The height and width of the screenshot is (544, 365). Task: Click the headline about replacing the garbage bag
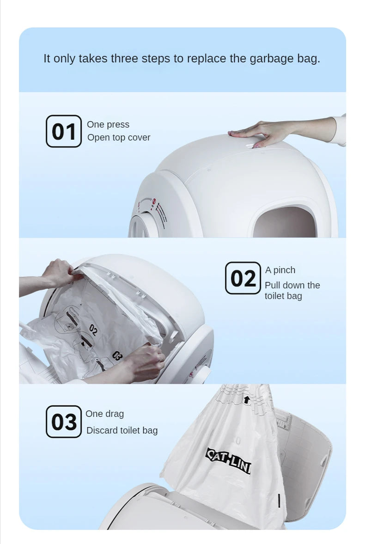point(182,59)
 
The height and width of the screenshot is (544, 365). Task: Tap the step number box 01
point(64,131)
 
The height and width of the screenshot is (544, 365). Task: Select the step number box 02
point(243,278)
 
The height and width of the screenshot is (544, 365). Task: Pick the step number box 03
point(64,422)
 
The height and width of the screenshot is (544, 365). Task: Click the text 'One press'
point(108,124)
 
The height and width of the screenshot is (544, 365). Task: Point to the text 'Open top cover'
point(119,137)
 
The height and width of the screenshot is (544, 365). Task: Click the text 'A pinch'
point(280,270)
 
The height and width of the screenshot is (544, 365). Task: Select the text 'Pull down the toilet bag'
point(292,291)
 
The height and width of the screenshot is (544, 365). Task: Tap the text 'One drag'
point(105,414)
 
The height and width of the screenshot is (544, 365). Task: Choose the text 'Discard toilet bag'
point(122,430)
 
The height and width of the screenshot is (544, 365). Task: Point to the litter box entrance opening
point(284,222)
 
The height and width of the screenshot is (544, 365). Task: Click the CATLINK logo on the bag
point(228,460)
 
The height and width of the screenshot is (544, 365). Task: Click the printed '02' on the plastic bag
point(93,330)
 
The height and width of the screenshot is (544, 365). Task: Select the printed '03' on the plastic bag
point(117,356)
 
